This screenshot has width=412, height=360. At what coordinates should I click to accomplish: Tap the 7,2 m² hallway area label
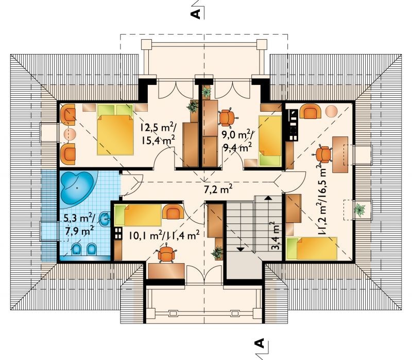(x=218, y=188)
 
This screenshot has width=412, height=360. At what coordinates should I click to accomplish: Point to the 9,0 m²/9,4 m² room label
(x=237, y=141)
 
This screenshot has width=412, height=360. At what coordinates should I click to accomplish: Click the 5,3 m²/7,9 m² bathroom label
(x=80, y=224)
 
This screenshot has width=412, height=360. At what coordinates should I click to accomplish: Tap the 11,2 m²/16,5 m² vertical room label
(x=321, y=201)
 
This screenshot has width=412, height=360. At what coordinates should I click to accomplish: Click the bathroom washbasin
(x=106, y=219)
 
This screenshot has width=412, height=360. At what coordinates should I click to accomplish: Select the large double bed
(x=115, y=130)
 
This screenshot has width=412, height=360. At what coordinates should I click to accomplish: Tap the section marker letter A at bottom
(x=260, y=343)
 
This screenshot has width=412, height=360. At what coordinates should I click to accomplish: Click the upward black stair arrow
(x=268, y=198)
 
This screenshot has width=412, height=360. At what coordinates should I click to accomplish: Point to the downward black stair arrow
(x=241, y=249)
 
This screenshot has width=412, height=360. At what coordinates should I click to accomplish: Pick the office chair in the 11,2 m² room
(x=323, y=153)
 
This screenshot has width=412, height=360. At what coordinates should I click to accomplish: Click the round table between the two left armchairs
(x=70, y=134)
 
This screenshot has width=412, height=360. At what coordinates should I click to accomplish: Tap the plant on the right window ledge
(x=359, y=210)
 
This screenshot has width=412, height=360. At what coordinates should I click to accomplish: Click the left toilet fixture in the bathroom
(x=76, y=248)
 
